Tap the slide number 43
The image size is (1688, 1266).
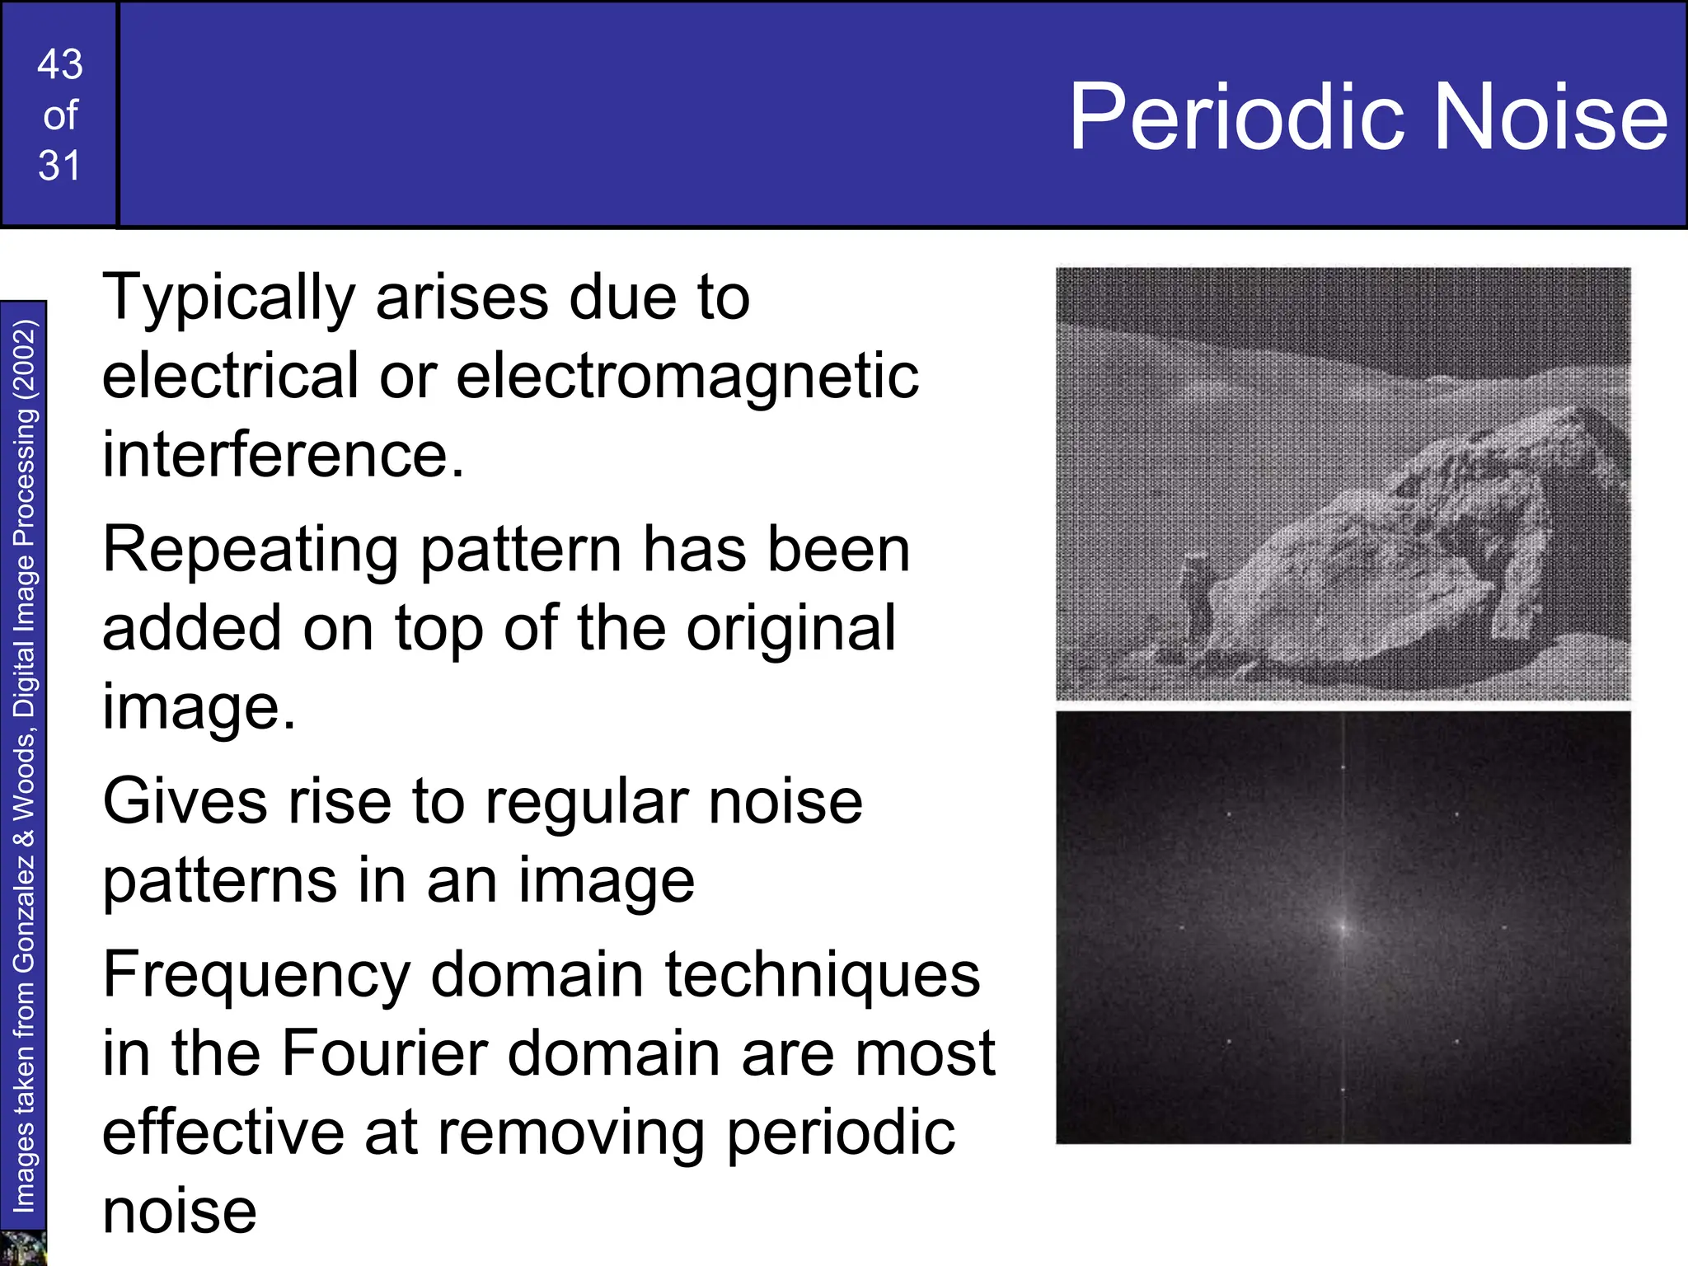(60, 64)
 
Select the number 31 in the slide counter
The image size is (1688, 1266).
(59, 166)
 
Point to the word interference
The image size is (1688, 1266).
(283, 455)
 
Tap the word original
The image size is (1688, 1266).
(790, 628)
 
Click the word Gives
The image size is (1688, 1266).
(185, 802)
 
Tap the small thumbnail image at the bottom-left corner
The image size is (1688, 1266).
(22, 1248)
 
